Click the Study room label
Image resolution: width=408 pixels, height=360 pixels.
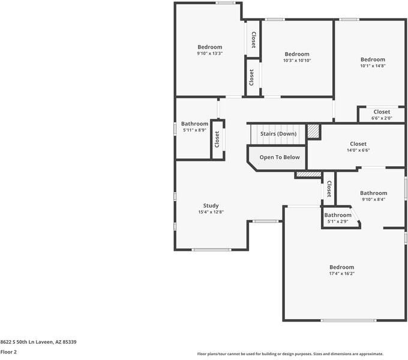click(211, 205)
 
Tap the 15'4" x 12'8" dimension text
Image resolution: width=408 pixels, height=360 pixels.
click(211, 212)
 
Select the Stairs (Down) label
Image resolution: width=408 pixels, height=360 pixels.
click(278, 133)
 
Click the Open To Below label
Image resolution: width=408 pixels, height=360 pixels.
click(279, 157)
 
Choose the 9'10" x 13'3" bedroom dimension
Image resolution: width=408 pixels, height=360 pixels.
click(210, 53)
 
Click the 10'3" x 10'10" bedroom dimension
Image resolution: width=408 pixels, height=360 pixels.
click(297, 60)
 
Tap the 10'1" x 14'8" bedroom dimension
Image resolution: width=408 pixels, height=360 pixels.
click(373, 65)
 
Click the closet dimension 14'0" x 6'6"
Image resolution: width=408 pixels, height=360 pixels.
click(358, 150)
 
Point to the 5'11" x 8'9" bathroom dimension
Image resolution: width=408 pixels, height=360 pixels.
click(195, 130)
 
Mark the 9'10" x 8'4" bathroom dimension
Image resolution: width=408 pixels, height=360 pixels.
click(373, 199)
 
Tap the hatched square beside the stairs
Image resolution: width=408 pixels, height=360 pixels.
click(313, 131)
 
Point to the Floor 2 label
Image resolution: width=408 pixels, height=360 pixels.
click(8, 352)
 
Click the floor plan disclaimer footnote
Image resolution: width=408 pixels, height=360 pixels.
click(290, 354)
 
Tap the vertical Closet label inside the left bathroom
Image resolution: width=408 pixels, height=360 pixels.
click(217, 139)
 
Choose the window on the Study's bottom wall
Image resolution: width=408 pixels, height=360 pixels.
click(211, 250)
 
